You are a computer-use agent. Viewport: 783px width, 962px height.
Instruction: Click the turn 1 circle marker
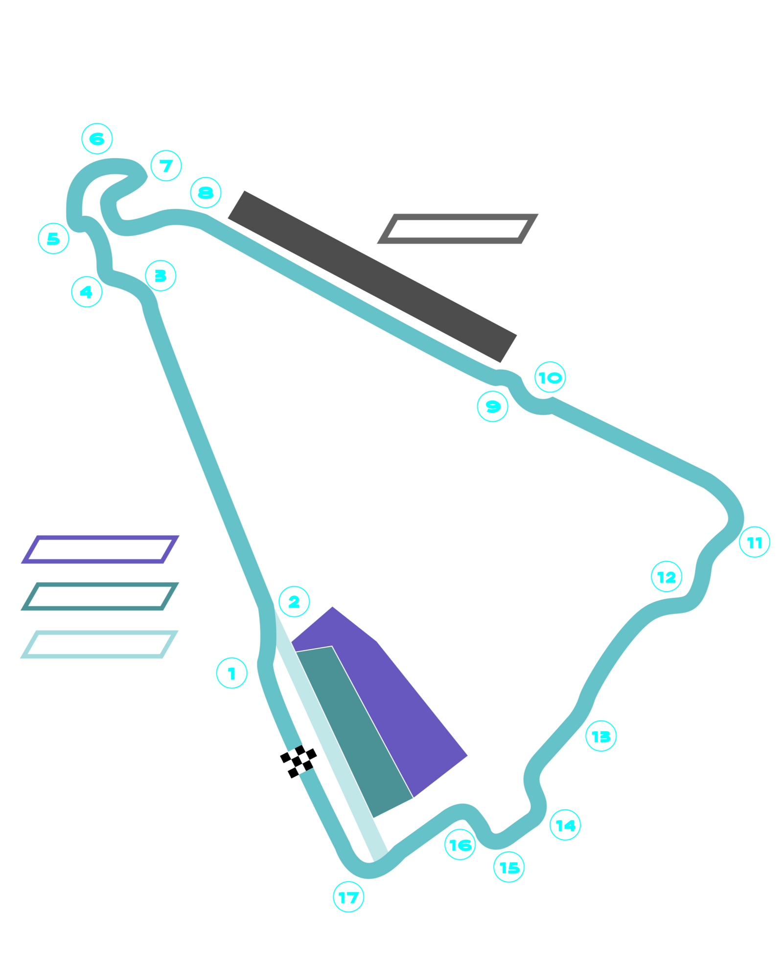232,673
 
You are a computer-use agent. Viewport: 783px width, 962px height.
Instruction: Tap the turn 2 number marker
294,602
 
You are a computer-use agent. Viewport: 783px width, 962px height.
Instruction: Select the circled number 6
97,139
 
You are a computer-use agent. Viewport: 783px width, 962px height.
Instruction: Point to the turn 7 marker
166,165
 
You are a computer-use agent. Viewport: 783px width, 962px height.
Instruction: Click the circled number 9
493,406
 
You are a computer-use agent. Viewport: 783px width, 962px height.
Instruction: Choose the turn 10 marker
550,377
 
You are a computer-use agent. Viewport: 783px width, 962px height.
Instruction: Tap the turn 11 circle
754,542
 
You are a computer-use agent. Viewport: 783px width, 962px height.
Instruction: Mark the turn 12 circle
667,577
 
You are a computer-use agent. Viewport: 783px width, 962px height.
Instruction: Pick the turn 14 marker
565,825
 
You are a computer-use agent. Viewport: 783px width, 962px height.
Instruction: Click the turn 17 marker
348,897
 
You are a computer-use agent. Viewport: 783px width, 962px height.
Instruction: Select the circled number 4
87,292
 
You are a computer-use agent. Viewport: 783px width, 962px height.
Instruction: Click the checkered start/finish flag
300,759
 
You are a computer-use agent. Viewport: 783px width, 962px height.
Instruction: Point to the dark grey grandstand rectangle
372,276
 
